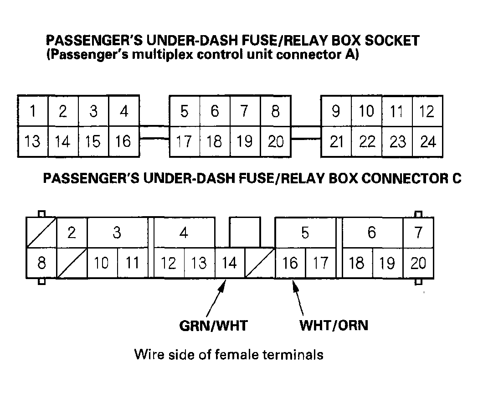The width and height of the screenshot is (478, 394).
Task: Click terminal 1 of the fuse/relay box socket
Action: point(32,111)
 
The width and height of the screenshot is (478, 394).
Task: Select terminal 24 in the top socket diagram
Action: point(427,142)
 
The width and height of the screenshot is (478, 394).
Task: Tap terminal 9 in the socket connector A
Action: point(336,111)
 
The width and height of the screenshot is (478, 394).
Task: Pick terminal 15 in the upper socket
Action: point(93,142)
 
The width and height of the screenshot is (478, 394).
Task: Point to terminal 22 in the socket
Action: point(366,142)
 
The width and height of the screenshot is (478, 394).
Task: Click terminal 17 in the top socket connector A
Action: point(184,142)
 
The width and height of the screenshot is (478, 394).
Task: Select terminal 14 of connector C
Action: point(230,264)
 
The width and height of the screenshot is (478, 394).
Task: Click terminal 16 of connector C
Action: point(290,264)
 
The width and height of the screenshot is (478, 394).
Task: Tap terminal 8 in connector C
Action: point(41,264)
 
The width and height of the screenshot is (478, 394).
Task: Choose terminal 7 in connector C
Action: point(418,233)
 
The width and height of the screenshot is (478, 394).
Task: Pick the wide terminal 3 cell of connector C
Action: point(117,233)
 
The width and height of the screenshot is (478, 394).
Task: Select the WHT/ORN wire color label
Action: point(334,326)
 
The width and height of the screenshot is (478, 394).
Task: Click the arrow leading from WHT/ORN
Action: point(298,299)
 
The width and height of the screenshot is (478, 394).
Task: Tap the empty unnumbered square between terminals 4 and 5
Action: point(245,232)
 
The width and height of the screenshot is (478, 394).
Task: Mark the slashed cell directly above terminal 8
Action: point(41,233)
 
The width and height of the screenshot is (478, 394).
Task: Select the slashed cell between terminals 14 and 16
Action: point(260,264)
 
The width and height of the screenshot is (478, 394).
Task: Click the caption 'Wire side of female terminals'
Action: point(229,354)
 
